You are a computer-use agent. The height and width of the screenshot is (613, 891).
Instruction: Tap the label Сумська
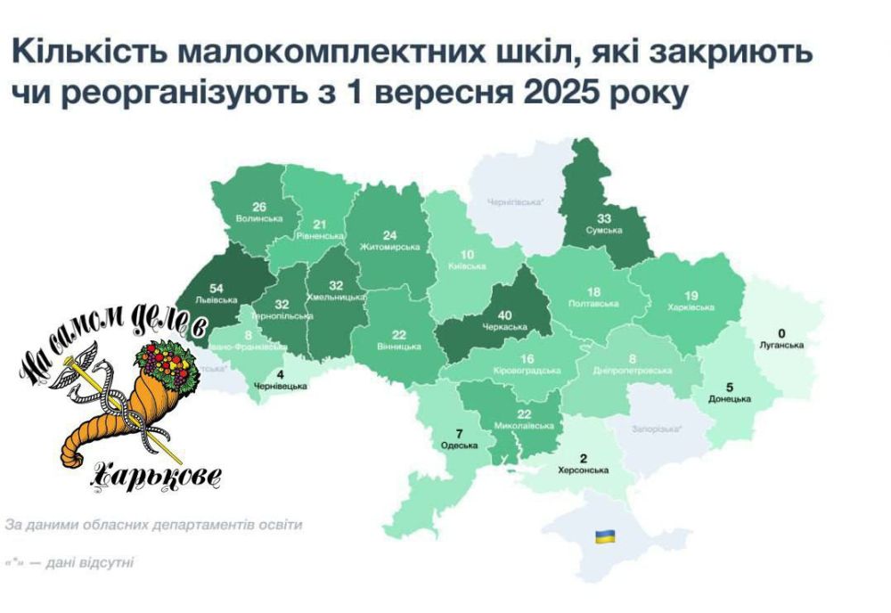click(603, 229)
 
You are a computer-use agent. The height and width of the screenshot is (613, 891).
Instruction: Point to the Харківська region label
click(692, 307)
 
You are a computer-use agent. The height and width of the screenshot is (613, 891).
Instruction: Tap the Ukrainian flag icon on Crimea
click(605, 535)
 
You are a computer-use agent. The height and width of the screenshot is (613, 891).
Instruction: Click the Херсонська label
click(583, 470)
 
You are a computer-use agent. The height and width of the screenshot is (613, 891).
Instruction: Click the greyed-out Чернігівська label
click(516, 202)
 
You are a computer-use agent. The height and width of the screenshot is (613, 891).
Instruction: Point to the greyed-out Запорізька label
click(658, 429)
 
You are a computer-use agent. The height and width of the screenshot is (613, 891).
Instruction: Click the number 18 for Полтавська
click(593, 292)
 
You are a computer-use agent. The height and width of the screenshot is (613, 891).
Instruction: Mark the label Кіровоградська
click(526, 370)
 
